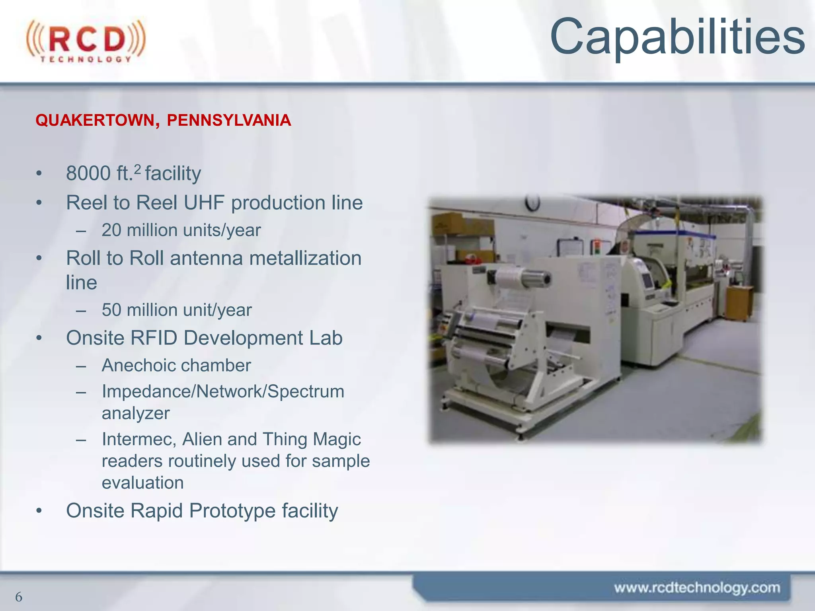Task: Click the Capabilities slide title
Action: click(677, 37)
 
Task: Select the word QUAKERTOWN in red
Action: click(95, 120)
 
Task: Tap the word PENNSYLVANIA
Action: click(229, 120)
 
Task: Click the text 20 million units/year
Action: click(181, 230)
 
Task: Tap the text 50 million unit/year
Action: click(177, 310)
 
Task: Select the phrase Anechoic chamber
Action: click(176, 366)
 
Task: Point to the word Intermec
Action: click(139, 440)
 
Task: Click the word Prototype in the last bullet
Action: click(232, 511)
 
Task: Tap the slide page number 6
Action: click(18, 597)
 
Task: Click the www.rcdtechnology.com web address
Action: click(697, 588)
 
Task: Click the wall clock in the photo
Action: click(532, 202)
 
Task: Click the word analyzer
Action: click(136, 414)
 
